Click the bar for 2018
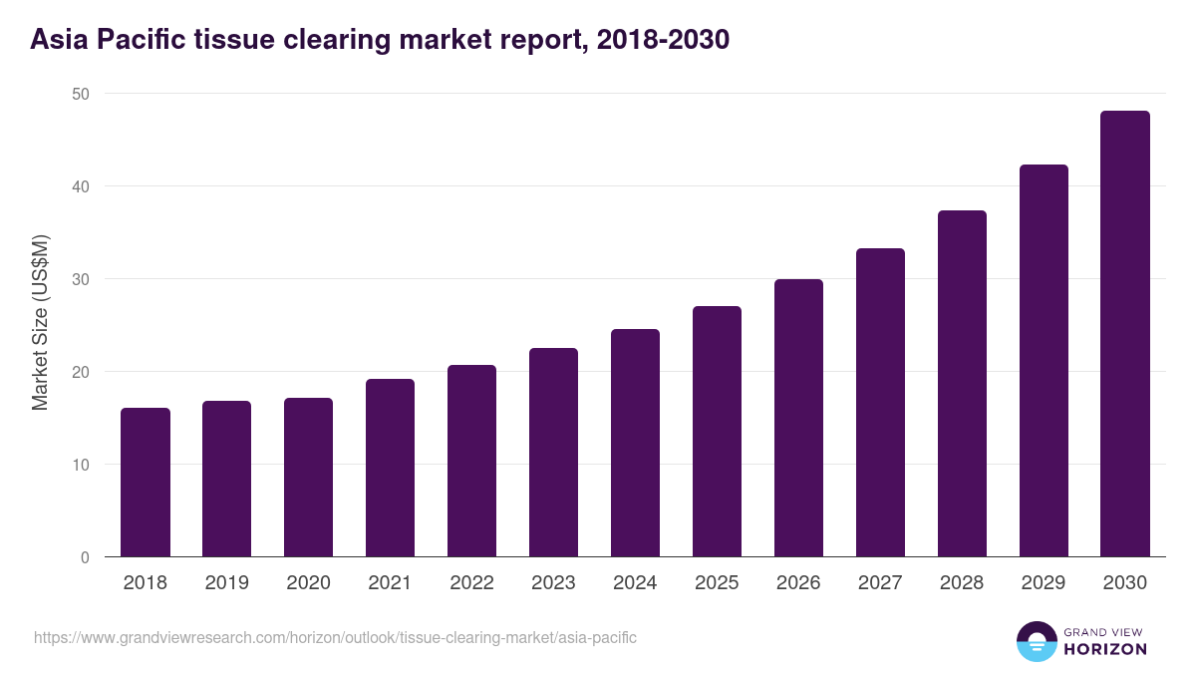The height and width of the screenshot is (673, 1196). pos(146,483)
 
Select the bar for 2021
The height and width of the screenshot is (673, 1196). pos(390,468)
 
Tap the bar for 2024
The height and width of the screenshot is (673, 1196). pos(635,443)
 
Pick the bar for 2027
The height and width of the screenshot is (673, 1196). pos(880,403)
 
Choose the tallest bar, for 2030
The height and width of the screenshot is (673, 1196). pos(1125,334)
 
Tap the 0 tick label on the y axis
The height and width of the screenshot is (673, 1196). pos(85,557)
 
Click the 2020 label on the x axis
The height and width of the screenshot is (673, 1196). pos(308,583)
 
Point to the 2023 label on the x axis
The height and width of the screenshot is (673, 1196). pos(553,583)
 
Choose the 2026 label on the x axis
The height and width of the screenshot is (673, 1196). pos(798,583)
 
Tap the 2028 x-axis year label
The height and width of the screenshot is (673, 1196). pos(962,583)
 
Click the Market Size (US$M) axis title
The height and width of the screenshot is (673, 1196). pos(40,323)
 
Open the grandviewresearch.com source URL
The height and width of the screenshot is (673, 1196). pos(335,637)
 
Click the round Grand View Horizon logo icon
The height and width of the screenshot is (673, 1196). pos(1036,642)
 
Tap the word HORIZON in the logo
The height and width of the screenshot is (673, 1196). pos(1106,649)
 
